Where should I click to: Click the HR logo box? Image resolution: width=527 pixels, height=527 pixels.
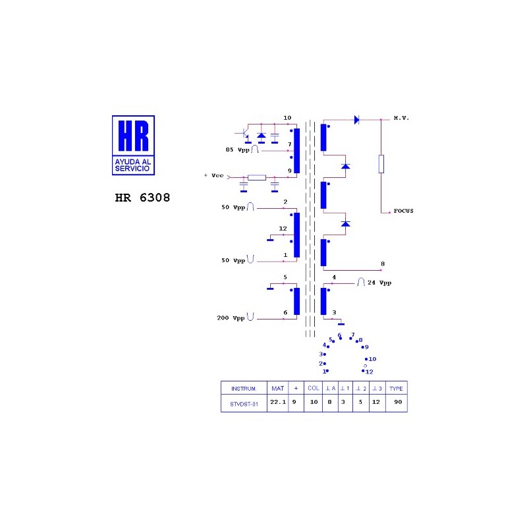133,145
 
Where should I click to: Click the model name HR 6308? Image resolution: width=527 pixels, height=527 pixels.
142,198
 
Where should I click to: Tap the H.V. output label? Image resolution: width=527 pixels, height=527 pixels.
401,118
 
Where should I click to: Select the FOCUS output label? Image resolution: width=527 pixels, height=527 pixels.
403,211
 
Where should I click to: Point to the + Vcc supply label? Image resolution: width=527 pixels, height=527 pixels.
213,175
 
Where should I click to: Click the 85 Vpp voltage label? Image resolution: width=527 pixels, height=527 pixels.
238,150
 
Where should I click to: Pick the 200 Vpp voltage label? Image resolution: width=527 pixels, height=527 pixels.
231,318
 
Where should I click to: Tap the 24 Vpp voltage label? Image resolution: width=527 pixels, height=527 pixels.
379,283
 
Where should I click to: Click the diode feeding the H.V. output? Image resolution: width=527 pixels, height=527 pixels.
356,120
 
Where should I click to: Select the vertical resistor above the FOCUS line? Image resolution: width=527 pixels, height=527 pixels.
381,164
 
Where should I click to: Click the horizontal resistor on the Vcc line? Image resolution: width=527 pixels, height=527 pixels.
257,177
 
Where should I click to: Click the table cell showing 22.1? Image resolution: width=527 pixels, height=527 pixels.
278,402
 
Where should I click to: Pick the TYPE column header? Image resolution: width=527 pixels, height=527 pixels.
396,389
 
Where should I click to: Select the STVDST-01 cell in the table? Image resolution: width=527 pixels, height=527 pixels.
244,404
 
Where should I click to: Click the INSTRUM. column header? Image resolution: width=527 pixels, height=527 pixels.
244,389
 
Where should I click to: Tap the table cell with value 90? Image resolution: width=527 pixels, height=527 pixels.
398,402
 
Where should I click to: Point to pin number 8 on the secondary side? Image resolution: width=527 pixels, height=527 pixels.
383,264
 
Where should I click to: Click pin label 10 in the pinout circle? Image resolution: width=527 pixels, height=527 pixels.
372,359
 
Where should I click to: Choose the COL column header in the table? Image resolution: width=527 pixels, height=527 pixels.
314,388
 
